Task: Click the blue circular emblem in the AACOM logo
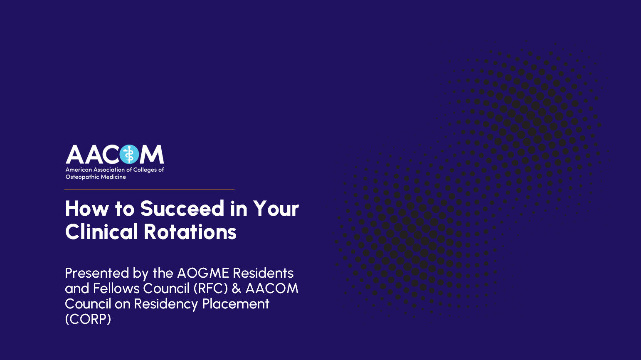tap(129, 154)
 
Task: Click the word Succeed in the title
tap(182, 208)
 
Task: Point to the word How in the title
tap(87, 208)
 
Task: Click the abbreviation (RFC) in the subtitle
tap(211, 288)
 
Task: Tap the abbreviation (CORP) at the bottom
tap(88, 319)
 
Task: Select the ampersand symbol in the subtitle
tap(237, 288)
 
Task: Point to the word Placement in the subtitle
tap(236, 303)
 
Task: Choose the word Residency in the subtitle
tap(166, 304)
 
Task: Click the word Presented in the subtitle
tap(97, 273)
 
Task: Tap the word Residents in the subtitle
tap(263, 273)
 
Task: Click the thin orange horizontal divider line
tap(149, 190)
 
